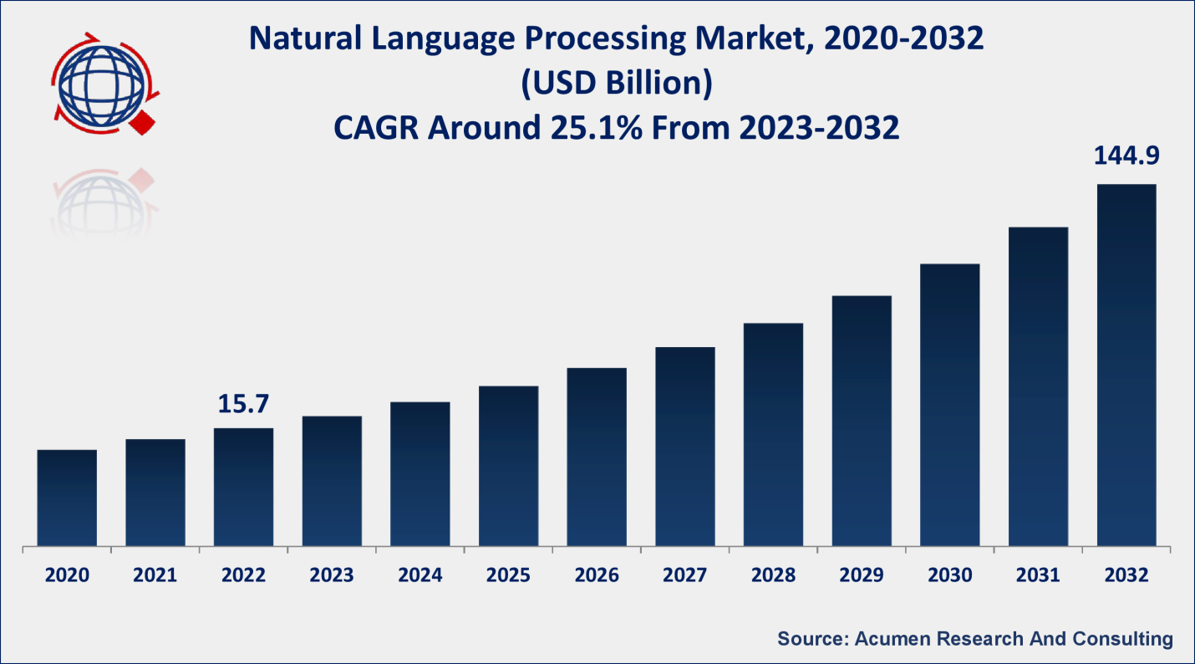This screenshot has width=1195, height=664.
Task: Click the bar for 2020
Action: point(67,498)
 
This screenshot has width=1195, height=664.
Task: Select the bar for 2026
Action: point(597,457)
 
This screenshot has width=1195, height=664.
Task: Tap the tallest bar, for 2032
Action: point(1126,365)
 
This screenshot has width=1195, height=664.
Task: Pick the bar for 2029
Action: point(862,421)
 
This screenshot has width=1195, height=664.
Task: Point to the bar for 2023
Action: point(332,481)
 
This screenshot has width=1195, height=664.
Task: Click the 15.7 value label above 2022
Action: point(243,404)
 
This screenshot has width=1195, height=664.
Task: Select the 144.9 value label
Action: point(1126,156)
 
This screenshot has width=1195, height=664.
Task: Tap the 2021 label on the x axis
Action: point(155,575)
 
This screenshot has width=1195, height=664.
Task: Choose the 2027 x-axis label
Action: point(685,575)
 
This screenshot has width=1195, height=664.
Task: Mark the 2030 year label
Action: point(949,575)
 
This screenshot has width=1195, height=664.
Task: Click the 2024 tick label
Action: point(420,575)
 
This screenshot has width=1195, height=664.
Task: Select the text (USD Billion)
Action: point(616,84)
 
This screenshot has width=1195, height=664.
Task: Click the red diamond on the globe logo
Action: point(142,123)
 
